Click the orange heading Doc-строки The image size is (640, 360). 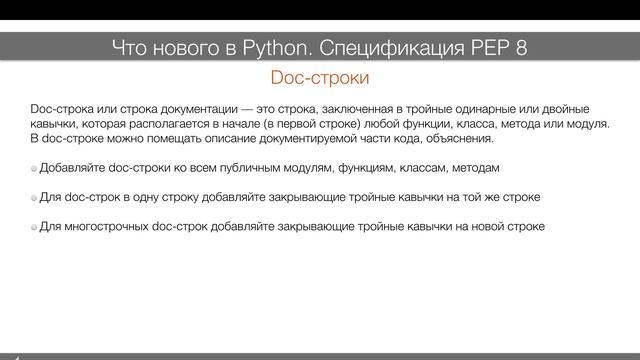[x=320, y=76]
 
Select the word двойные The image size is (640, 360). [x=566, y=108]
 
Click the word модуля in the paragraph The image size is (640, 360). [x=583, y=123]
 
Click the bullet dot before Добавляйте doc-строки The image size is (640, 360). [x=35, y=169]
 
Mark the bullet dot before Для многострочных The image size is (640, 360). [x=35, y=228]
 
